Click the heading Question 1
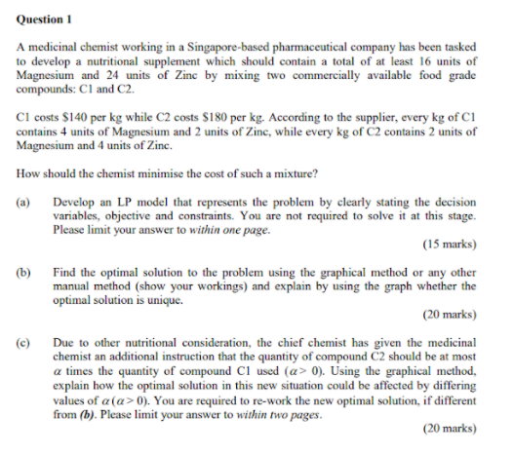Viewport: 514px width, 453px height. click(46, 19)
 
